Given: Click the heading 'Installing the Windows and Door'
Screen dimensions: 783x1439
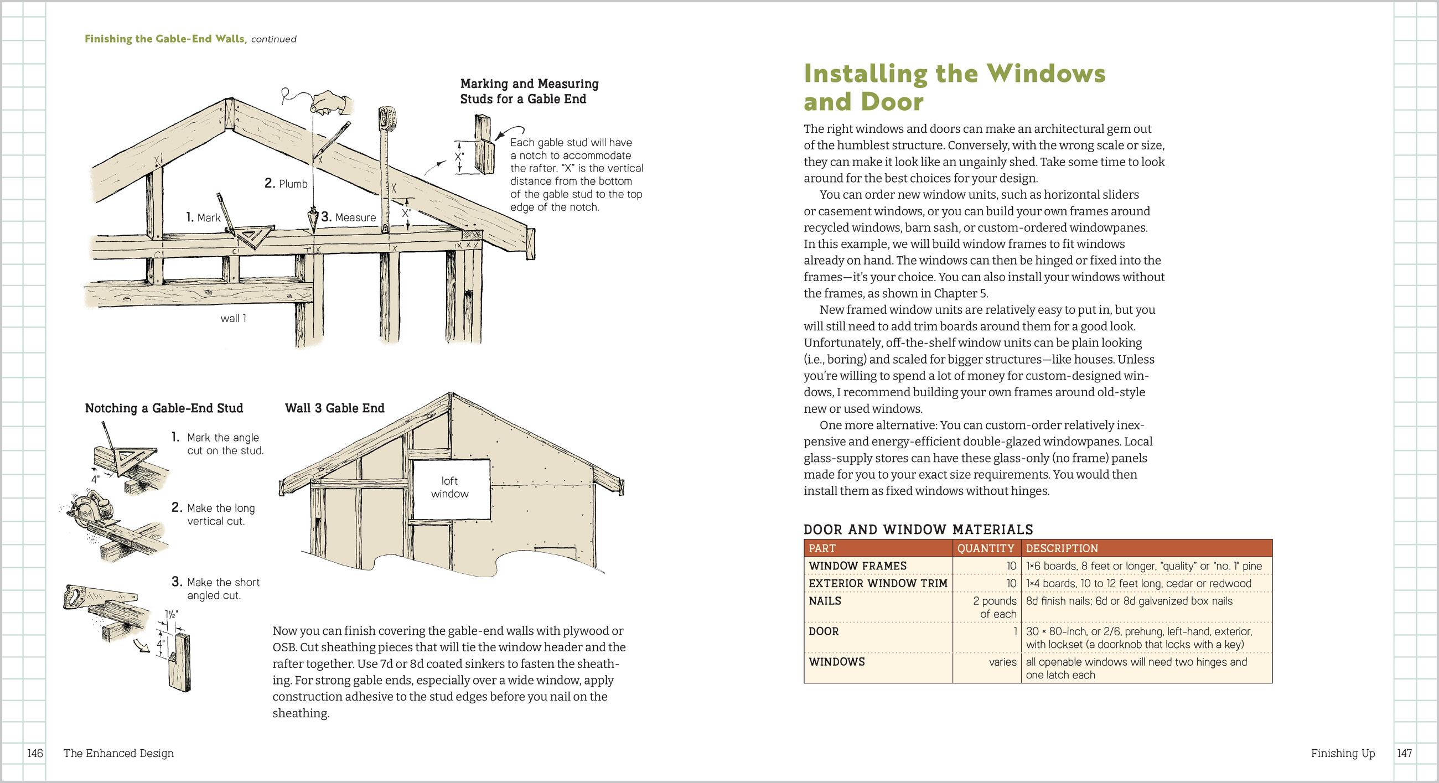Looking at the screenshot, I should coord(954,87).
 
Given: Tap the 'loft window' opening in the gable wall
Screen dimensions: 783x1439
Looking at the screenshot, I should coord(451,488).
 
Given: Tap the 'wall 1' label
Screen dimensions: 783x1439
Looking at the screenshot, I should coord(234,318).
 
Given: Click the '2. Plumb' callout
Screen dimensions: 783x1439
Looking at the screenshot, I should coord(286,183).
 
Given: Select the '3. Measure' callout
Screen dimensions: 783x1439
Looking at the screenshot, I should coord(349,217).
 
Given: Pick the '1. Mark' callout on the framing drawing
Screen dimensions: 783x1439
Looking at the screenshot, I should coord(203,217).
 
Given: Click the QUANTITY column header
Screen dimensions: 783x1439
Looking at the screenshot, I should coord(985,548).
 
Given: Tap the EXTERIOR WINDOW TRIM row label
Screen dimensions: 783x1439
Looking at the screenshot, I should coord(878,583).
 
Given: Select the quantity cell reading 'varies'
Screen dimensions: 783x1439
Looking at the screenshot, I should coord(1002,662).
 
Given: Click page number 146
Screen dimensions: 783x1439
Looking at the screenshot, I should coord(35,754).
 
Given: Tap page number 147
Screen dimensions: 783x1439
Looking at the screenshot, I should coord(1404,754).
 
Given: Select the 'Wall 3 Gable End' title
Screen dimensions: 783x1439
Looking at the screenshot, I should coord(335,408).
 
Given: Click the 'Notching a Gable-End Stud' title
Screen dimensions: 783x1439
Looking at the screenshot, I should coord(164,408).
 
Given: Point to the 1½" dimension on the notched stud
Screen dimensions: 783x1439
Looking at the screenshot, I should coord(172,614).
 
